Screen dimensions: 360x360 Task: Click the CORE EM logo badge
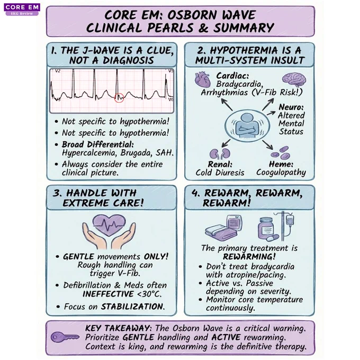pos(22,10)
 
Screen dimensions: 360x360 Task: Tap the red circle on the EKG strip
pos(119,98)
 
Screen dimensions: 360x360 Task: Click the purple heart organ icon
pos(203,79)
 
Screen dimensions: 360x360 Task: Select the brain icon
pos(294,79)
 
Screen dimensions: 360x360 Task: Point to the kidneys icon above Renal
pos(220,154)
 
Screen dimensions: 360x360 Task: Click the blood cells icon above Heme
pos(280,153)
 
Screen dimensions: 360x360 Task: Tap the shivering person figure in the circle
pos(247,125)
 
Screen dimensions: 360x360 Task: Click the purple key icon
pos(65,337)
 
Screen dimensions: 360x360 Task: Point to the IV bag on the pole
pos(290,220)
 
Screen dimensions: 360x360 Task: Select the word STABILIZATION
pos(133,307)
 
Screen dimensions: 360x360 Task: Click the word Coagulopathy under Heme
pos(281,173)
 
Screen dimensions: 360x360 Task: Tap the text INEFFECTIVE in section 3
pos(108,294)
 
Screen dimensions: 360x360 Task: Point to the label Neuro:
pos(291,107)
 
